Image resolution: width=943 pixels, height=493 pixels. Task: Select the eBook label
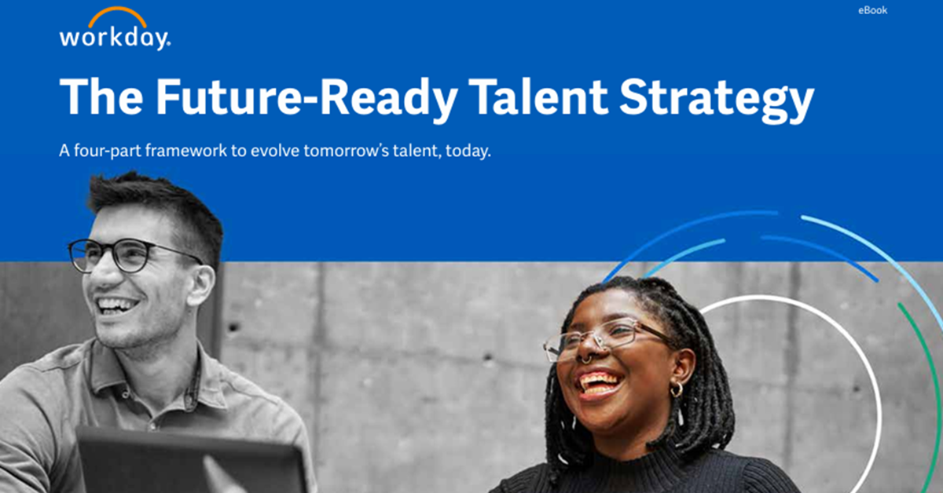coord(872,10)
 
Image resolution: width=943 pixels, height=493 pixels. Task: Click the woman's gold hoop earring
coord(676,389)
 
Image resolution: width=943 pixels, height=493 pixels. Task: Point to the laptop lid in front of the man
coord(189,463)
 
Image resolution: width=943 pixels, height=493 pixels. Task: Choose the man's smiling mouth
coord(118,305)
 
